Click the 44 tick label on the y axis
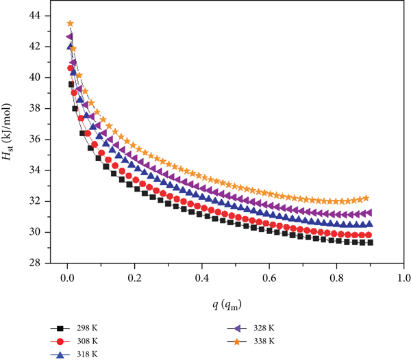35,16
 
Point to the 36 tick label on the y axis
35,139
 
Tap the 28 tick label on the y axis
35,263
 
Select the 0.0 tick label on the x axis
67,278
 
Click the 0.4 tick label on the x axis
202,278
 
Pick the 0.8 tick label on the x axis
336,278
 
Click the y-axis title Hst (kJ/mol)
7,131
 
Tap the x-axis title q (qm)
227,305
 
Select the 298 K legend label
87,328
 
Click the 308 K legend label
87,341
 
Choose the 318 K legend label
87,355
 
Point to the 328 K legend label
264,328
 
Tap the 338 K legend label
264,341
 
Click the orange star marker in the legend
237,342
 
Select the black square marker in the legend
60,328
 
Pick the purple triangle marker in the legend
237,328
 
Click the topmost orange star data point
71,23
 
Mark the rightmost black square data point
370,242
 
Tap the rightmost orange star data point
366,198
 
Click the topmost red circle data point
71,68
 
